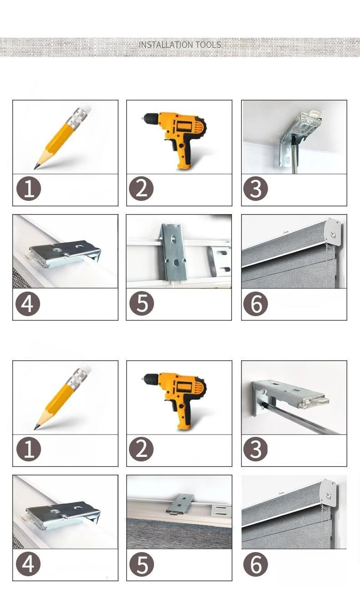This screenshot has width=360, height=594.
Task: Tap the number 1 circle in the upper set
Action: click(29, 189)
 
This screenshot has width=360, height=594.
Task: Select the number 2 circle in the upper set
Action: click(141, 189)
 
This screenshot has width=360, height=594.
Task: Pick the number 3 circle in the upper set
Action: click(256, 189)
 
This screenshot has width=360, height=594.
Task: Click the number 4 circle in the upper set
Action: click(28, 304)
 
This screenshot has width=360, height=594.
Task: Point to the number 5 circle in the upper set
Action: click(142, 304)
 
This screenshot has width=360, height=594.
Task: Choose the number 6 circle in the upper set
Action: click(256, 304)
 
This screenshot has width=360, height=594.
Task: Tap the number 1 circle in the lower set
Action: click(29, 449)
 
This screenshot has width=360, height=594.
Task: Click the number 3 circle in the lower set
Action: click(256, 449)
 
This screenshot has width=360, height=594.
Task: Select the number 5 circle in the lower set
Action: click(142, 564)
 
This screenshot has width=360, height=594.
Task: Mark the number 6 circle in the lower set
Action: click(256, 564)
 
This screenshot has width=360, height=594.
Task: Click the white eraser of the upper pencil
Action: click(86, 108)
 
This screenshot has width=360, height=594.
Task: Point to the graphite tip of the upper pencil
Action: click(35, 167)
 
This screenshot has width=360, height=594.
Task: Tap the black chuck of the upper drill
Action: click(151, 117)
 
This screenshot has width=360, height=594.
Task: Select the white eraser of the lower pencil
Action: click(86, 369)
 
